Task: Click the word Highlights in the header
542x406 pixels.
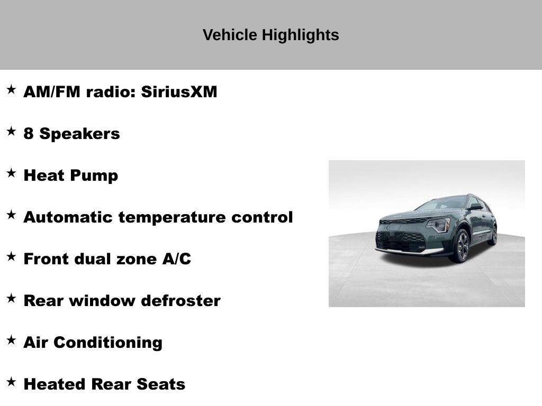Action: [301, 35]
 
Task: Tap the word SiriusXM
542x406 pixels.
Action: [179, 92]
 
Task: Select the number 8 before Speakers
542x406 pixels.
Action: [29, 134]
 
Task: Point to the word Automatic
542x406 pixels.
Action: [68, 217]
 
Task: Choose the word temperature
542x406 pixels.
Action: [172, 218]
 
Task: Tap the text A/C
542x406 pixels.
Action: [176, 259]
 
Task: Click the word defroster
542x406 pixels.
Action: [181, 301]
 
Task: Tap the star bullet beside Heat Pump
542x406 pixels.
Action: [12, 173]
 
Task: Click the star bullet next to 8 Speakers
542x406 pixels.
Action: [12, 131]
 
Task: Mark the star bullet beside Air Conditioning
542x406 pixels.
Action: [12, 340]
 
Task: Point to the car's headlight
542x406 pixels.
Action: [438, 225]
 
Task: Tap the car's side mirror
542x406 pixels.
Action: [476, 207]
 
